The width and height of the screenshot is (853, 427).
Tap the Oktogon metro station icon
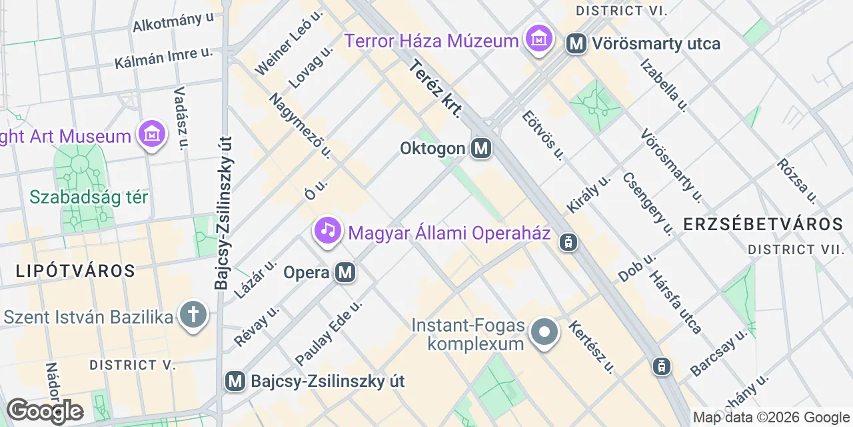pos(481,148)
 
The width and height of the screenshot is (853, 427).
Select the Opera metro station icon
pos(345,272)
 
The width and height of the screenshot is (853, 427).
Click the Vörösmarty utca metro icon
pos(576,44)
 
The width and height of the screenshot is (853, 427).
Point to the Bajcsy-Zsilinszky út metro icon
pos(235,381)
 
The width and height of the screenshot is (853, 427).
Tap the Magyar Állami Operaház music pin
pos(327,232)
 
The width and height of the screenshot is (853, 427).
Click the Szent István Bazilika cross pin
pos(193,316)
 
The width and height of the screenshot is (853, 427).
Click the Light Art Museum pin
pos(153,134)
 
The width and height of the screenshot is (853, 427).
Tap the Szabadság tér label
pos(89,197)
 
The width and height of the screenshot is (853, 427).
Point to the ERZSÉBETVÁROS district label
pos(764,224)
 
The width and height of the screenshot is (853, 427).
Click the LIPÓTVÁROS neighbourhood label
pos(67,271)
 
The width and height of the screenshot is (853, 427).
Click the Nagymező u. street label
pos(301,125)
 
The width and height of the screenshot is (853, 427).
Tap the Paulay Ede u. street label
pos(329,332)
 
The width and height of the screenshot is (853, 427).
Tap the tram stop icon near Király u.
pos(568,242)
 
